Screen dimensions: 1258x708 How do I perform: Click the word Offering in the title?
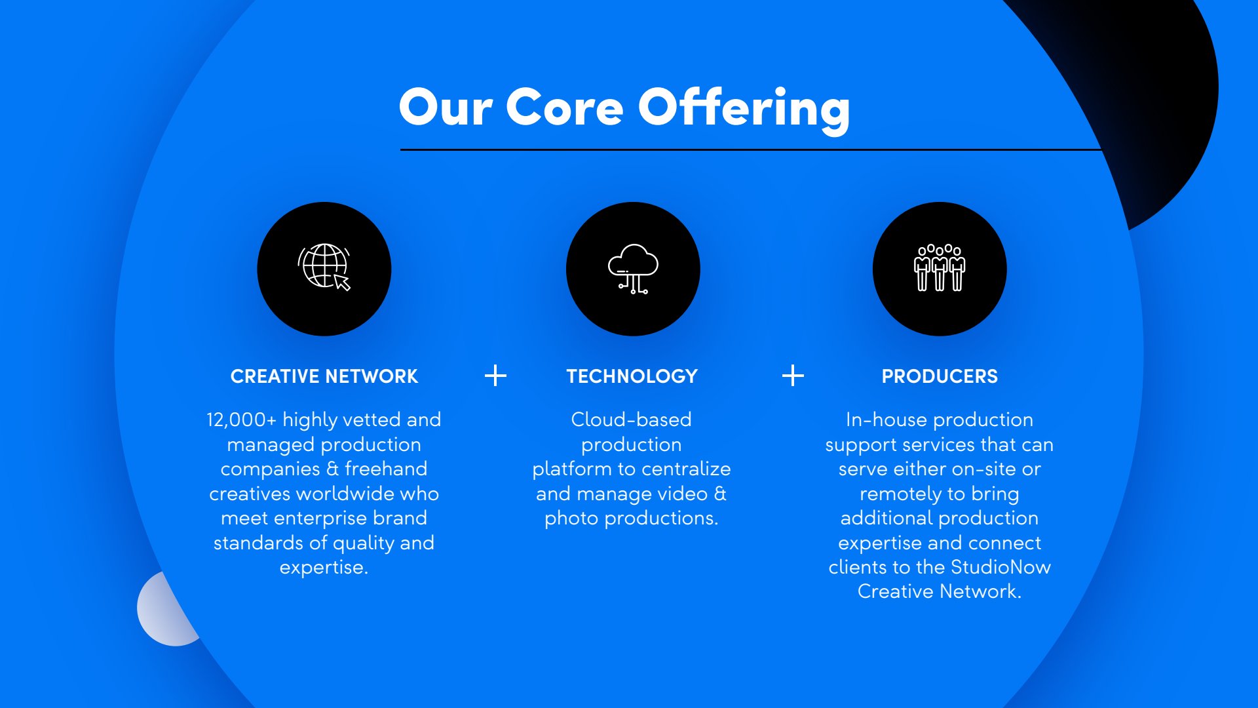click(744, 109)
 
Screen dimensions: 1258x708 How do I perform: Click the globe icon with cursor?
click(324, 267)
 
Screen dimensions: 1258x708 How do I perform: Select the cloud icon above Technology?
click(633, 269)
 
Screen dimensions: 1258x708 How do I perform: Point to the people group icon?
click(940, 267)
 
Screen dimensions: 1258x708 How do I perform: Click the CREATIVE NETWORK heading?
click(324, 376)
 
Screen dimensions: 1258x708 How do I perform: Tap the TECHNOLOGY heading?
click(632, 376)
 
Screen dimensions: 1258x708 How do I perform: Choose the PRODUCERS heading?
click(940, 376)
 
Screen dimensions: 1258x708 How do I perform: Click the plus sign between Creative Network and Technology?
click(495, 376)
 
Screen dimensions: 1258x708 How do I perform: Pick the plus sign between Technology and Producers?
click(793, 376)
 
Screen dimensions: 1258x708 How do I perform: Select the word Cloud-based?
click(632, 420)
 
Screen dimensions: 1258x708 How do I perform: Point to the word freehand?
click(386, 469)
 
